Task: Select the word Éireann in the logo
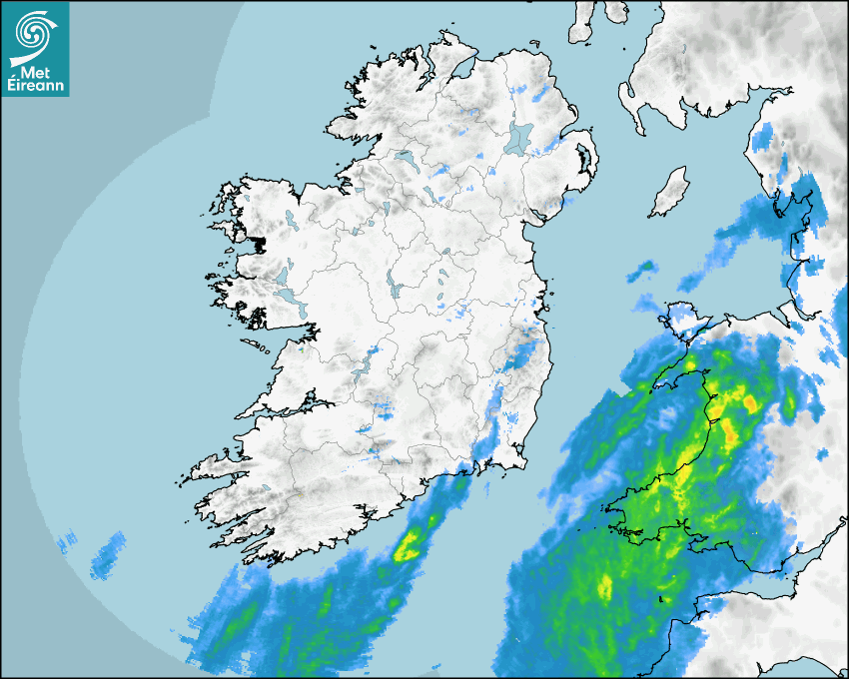(x=35, y=86)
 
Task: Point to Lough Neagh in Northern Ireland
(x=519, y=137)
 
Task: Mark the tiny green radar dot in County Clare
(x=302, y=350)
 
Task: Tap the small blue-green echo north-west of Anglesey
(x=645, y=267)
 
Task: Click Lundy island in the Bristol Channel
(x=660, y=599)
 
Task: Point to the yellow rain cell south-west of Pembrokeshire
(x=604, y=586)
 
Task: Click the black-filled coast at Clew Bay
(x=261, y=244)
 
